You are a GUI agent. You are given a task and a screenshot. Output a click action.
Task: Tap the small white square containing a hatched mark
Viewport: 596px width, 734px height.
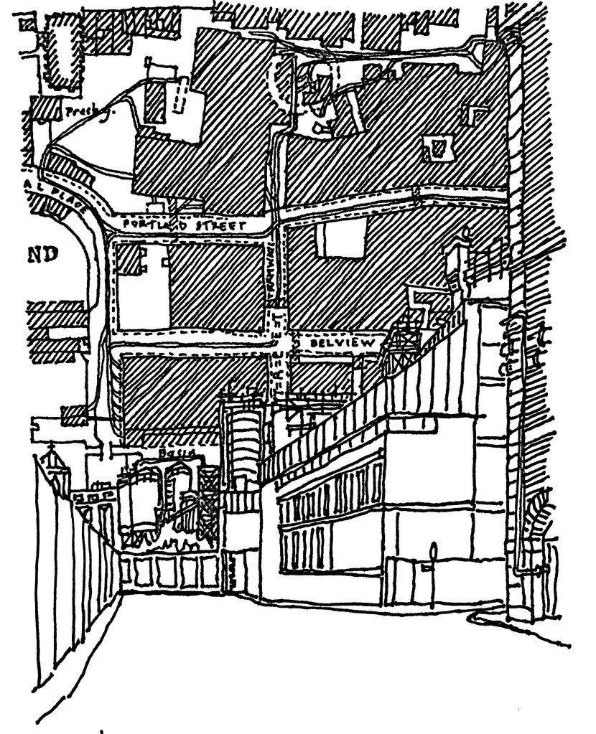[439, 149]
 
